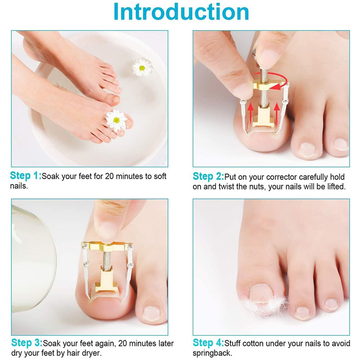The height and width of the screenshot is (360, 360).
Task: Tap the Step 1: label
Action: click(26, 176)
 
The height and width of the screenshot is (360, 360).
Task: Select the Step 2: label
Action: click(208, 176)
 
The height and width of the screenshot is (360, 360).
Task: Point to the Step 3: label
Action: click(26, 343)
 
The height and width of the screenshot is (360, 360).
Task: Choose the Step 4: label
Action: click(208, 343)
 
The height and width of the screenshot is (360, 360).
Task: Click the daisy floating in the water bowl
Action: click(142, 67)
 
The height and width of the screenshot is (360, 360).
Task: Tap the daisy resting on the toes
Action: click(116, 120)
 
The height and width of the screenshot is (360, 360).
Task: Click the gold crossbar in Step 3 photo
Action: click(107, 247)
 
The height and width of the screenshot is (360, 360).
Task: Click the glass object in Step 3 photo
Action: click(31, 261)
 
